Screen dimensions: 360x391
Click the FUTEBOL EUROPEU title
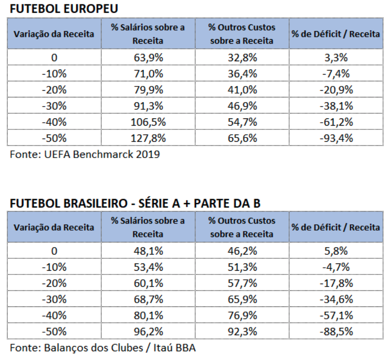(x=64, y=8)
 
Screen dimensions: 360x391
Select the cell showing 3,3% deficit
(x=336, y=58)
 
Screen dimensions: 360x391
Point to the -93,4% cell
(x=336, y=138)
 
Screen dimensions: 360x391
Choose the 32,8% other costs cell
(x=242, y=58)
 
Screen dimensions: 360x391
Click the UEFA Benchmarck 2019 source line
(x=85, y=154)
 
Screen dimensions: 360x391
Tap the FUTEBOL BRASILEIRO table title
(x=135, y=203)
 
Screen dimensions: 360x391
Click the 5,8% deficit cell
(x=336, y=251)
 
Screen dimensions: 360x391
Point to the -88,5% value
(x=336, y=331)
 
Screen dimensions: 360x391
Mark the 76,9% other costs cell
(x=242, y=315)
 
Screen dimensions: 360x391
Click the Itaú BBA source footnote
(x=103, y=348)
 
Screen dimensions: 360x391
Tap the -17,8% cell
(x=336, y=283)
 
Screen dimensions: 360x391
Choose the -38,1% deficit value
(x=336, y=106)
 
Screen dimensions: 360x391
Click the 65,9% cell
(x=242, y=299)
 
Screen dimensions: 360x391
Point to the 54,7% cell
(x=242, y=122)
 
